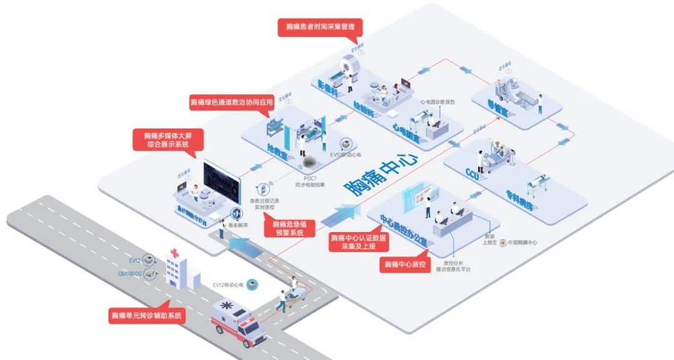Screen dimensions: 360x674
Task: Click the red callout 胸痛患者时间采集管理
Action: click(x=320, y=27)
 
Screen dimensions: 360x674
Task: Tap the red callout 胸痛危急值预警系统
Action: click(x=288, y=228)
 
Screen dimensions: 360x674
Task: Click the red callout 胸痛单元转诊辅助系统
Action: click(x=147, y=316)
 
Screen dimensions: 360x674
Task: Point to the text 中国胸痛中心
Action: click(x=522, y=242)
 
